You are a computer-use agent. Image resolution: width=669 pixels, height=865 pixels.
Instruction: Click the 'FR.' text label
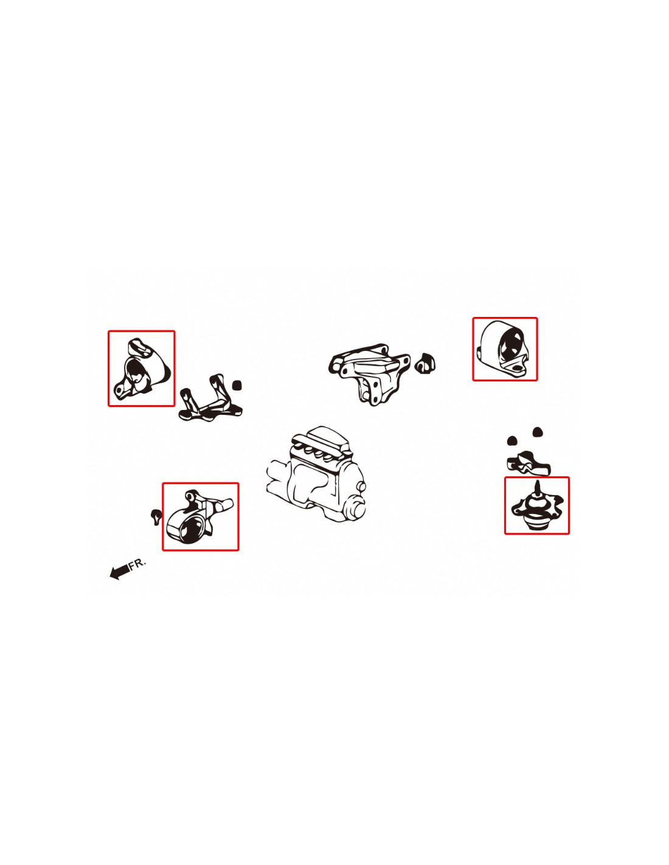(138, 563)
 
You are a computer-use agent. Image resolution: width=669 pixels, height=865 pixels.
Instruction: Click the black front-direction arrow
(119, 572)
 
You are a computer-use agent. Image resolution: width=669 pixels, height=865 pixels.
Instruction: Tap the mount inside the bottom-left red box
(199, 516)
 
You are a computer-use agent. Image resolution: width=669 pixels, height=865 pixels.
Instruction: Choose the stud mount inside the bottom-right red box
(537, 507)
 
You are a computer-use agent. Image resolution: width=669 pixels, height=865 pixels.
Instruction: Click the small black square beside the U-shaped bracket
(237, 385)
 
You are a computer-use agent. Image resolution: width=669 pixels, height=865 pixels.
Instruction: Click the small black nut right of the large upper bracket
(425, 363)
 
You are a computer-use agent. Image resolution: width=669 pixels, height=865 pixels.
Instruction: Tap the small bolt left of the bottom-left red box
(156, 516)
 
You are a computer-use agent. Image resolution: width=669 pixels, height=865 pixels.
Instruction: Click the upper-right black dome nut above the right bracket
(538, 432)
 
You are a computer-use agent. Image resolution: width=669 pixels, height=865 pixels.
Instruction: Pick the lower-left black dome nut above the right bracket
(512, 440)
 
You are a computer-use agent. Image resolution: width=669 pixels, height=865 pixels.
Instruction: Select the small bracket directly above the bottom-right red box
(528, 464)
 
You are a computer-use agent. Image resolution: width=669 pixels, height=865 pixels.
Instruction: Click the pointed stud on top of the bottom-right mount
(538, 488)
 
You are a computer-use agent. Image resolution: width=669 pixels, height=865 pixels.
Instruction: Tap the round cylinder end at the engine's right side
(356, 510)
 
